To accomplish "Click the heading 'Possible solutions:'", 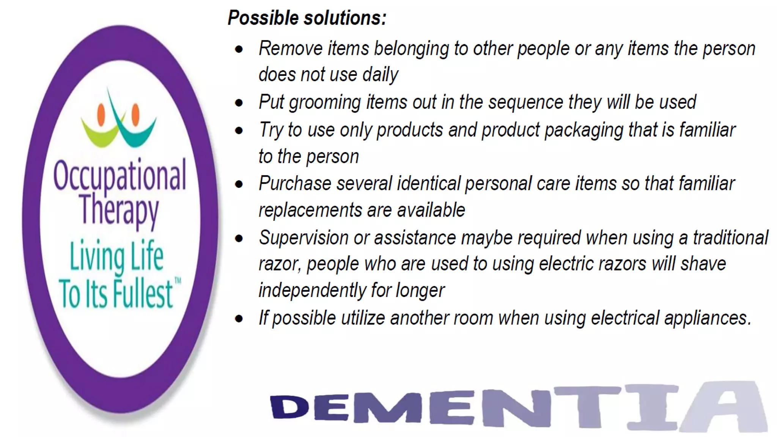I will coord(307,18).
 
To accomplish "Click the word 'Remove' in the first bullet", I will coord(291,49).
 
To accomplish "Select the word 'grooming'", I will coord(325,103).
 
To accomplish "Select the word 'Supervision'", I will coord(304,238).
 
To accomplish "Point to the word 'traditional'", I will coord(730,238).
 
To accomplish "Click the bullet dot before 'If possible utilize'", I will coord(239,319).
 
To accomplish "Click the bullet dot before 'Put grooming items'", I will coord(239,103).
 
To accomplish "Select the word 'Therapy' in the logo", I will coord(119,210).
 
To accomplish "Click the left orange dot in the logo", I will coord(101,115).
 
